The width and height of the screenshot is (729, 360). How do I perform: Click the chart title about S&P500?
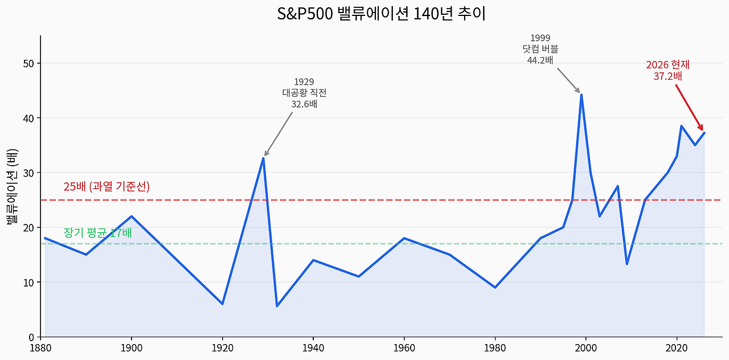tap(381, 14)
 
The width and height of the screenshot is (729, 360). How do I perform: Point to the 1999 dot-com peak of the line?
tap(581, 95)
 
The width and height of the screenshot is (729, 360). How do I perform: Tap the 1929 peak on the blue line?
tap(263, 158)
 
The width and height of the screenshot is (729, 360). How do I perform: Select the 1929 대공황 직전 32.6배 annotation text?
tap(304, 93)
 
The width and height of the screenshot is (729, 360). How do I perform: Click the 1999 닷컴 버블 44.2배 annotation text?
tap(540, 50)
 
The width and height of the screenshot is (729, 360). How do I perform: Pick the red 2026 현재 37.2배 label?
tap(667, 71)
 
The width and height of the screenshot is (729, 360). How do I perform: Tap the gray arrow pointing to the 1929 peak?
tap(279, 133)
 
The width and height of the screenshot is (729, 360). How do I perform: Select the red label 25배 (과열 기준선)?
tap(107, 186)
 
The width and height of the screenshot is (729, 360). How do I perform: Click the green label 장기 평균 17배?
tap(97, 232)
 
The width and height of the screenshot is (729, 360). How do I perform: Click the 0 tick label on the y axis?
tap(32, 337)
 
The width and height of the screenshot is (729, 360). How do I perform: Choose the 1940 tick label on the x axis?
tap(313, 347)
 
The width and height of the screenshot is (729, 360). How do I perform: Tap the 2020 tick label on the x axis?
tap(677, 347)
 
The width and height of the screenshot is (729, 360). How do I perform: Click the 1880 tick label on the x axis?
tap(40, 347)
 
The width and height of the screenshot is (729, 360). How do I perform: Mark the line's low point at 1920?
tap(222, 304)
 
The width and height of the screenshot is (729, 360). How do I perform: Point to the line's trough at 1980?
tap(495, 287)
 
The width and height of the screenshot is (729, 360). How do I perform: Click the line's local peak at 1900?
tap(132, 216)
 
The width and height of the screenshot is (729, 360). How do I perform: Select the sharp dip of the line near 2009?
tap(626, 264)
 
